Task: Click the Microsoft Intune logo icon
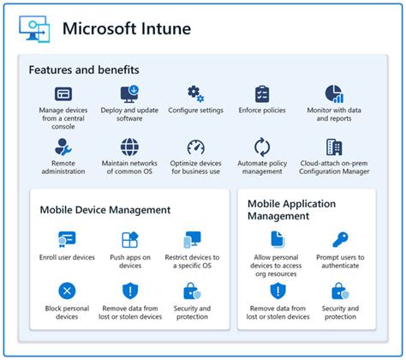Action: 34,29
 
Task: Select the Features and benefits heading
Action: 84,69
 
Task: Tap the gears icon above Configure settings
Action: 195,93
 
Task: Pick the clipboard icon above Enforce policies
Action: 262,93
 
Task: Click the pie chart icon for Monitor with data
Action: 334,93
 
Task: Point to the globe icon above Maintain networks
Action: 129,147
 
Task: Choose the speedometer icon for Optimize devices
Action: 195,147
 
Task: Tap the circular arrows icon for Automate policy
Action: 262,147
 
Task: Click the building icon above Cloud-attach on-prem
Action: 334,147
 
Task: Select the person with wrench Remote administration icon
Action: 63,147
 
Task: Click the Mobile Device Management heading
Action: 105,210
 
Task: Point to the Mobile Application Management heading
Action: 291,210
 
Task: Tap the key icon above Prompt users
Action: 340,239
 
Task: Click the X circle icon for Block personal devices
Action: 67,291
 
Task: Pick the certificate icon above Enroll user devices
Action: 67,239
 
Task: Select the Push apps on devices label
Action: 130,261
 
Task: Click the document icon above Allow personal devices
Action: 278,239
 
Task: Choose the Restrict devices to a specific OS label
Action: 192,261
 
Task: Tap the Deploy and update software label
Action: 129,114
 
